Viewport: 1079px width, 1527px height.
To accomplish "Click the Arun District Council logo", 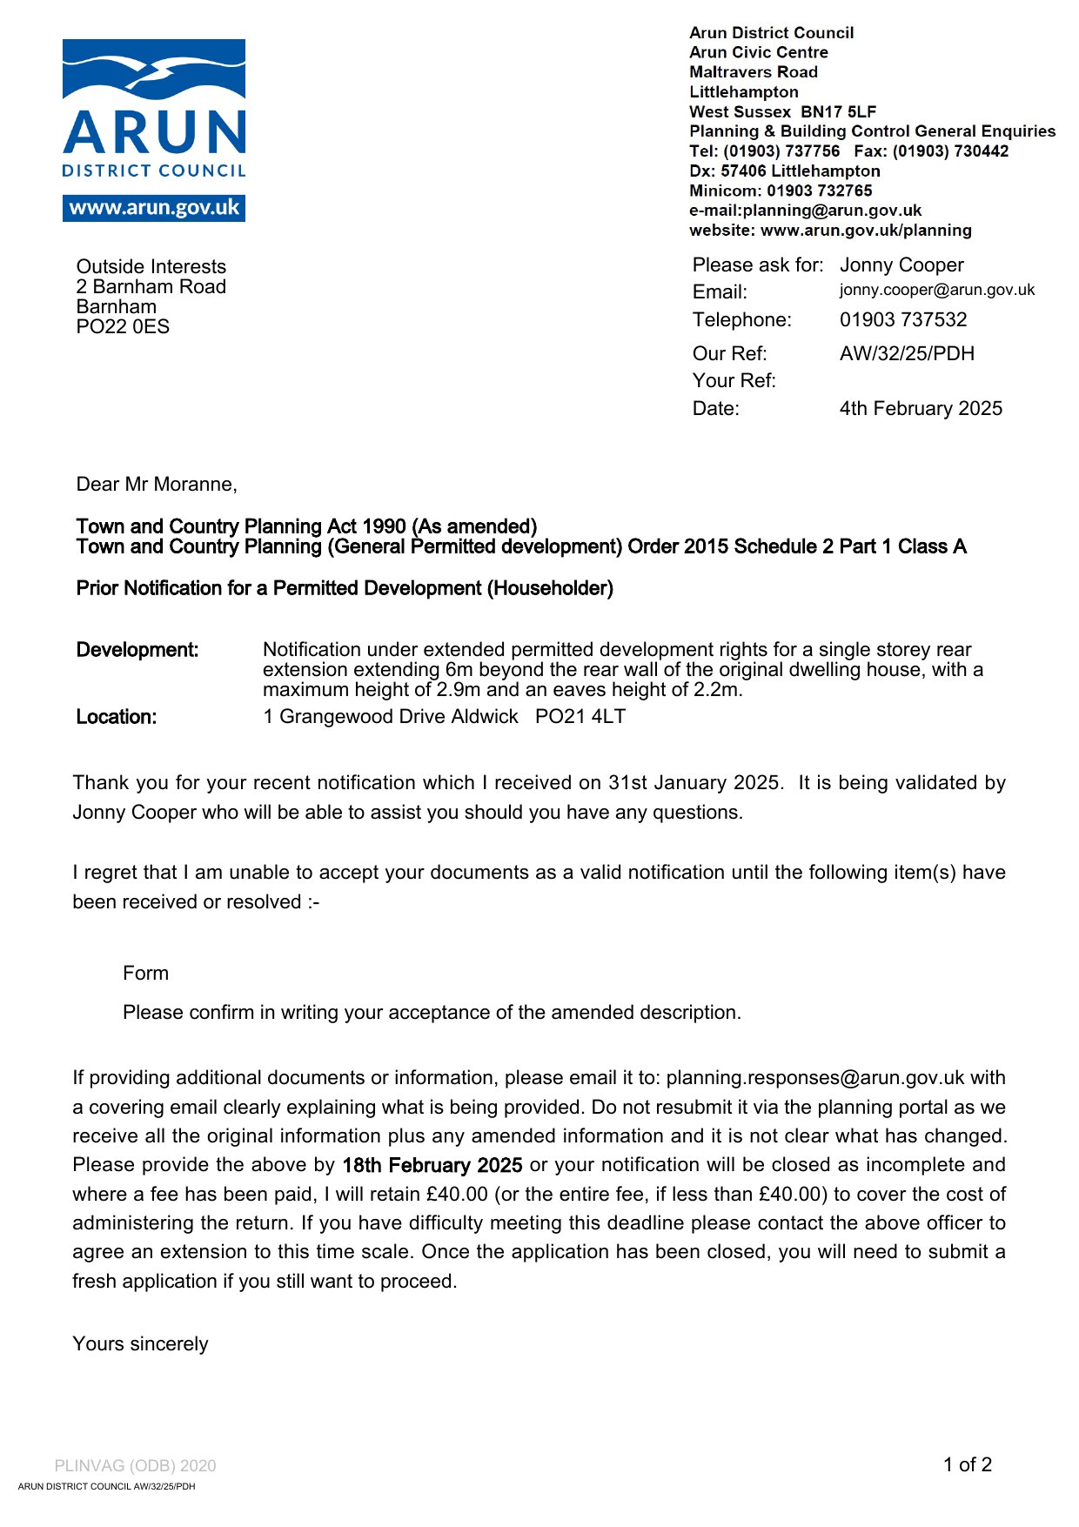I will coord(154,109).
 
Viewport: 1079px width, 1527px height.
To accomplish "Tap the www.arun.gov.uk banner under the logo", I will coord(154,209).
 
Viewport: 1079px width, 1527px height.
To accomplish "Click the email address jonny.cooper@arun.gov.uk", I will coord(936,291).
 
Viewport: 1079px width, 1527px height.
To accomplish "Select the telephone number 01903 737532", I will coord(902,320).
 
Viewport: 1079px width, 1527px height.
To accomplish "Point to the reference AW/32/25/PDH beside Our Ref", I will coord(906,354).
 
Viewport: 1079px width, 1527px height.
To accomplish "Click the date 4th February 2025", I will coord(920,409).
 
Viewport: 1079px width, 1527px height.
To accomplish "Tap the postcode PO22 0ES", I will coord(123,327).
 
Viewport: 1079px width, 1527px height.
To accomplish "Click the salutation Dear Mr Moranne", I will coord(157,485).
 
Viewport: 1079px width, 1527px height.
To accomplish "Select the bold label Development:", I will coord(137,650).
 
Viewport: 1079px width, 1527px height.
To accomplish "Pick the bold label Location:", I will coord(117,717).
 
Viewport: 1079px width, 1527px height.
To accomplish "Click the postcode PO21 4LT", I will coord(580,717).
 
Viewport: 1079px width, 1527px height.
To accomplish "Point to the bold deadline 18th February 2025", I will coord(432,1166).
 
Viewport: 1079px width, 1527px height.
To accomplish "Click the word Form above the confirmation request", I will coord(145,974).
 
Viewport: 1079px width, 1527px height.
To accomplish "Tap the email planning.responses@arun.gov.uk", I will coord(814,1078).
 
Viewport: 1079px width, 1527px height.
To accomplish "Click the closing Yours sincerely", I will coord(140,1344).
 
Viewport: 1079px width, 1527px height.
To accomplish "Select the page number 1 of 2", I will coord(967,1465).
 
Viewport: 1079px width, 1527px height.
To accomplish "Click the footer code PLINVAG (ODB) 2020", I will coord(135,1466).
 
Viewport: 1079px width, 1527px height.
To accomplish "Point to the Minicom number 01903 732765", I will coord(819,191).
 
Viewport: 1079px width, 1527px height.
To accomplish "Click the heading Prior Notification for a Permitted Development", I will coord(345,589).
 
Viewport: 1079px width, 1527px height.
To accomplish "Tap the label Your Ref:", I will coord(734,381).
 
